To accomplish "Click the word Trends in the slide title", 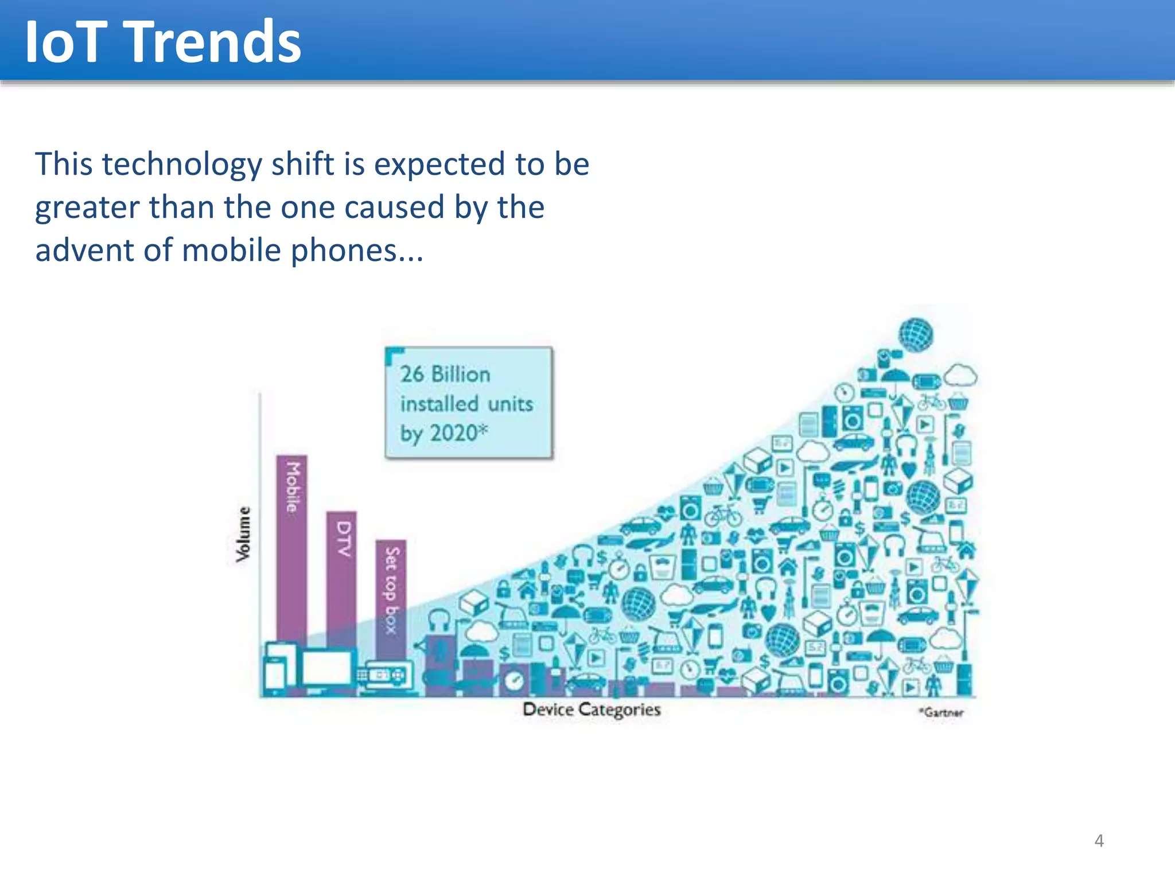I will [213, 41].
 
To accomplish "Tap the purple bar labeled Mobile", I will [291, 545].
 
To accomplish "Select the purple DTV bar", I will [341, 574].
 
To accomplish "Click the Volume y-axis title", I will [243, 534].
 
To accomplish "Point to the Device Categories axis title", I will [592, 710].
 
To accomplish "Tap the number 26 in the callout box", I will [412, 375].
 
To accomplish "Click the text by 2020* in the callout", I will [444, 433].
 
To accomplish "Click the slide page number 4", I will [1099, 841].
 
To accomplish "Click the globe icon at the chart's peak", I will [916, 335].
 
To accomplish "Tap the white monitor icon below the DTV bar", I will [326, 668].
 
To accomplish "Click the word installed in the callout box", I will [439, 404].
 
